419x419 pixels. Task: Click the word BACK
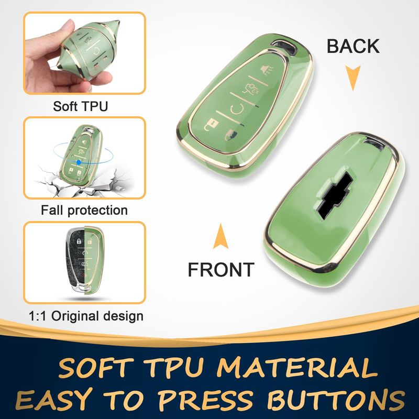pos(353,46)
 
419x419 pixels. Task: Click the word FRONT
pos(220,270)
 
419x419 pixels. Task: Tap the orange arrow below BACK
pos(352,78)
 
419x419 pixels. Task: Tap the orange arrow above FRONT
pos(220,236)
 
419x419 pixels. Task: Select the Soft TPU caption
pos(81,106)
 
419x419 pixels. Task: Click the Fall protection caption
pos(84,210)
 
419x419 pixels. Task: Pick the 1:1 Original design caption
pos(86,316)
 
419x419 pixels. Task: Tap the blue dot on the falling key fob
pos(79,162)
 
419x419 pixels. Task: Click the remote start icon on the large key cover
pos(236,111)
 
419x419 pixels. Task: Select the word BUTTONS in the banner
pos(336,400)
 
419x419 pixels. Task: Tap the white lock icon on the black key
pos(79,242)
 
